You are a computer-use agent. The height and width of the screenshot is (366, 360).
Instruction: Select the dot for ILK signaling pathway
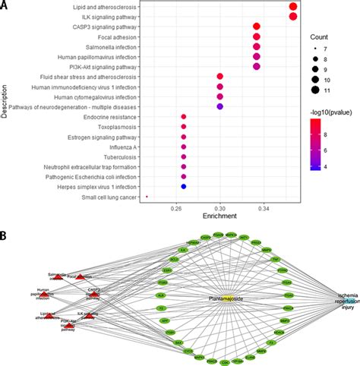(294, 17)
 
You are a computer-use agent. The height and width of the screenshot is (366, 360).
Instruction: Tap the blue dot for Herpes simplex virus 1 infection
(184, 185)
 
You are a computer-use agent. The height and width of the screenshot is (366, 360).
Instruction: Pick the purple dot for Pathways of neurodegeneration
(220, 106)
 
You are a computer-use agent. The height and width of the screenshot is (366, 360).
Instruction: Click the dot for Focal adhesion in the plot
(257, 36)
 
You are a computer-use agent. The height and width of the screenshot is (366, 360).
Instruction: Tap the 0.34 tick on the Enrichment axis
(257, 208)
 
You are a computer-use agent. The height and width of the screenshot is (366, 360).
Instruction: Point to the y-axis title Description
(5, 101)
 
